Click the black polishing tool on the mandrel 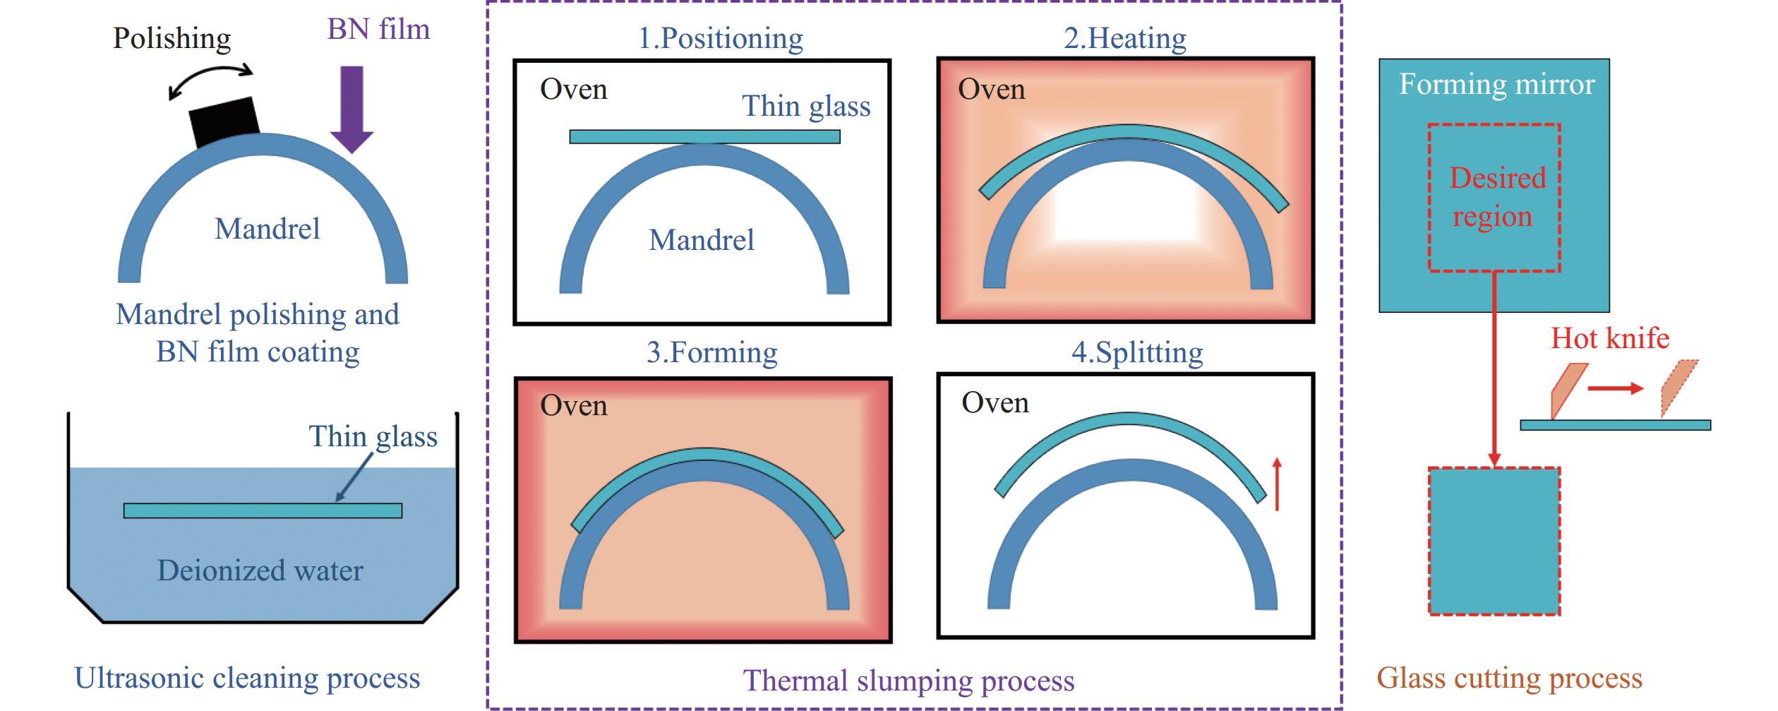(x=224, y=121)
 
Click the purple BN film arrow (x=352, y=109)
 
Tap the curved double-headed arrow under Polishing (x=211, y=79)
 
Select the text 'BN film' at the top (x=378, y=29)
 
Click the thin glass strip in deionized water (x=263, y=510)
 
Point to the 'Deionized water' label (x=260, y=570)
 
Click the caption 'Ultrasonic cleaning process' (x=247, y=678)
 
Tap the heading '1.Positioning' (x=720, y=38)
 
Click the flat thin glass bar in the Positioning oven (x=704, y=136)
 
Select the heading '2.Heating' (x=1125, y=38)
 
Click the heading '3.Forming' (x=711, y=352)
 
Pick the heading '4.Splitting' (x=1137, y=352)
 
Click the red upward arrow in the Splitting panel (x=1276, y=484)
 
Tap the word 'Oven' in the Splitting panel (x=995, y=402)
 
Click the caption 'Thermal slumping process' (x=908, y=681)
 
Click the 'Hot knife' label (x=1610, y=338)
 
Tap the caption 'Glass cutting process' (x=1509, y=678)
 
